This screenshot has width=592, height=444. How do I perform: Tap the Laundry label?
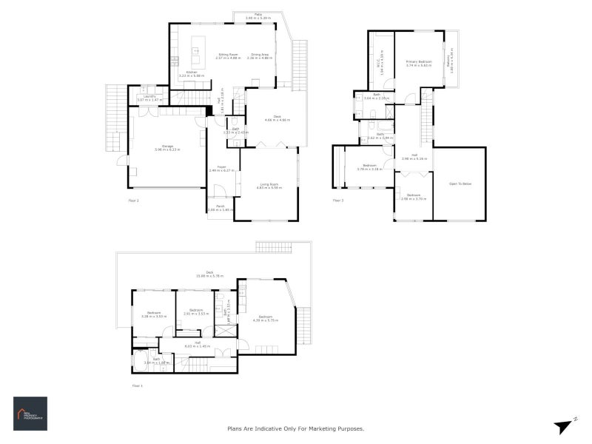coord(145,97)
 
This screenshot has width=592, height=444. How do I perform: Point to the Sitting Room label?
coord(227,55)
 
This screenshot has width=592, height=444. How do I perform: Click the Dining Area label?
coord(260,55)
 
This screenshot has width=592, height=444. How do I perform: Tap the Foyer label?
coord(221,168)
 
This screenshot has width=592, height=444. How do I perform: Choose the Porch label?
coord(220,207)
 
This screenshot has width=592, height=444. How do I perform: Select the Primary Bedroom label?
coord(419,63)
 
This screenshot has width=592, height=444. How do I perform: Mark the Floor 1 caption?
coord(137,386)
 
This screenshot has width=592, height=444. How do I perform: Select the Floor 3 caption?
coord(338,200)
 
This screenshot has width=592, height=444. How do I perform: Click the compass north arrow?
coord(565,425)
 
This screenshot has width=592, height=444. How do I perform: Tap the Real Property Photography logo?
coord(30,413)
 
